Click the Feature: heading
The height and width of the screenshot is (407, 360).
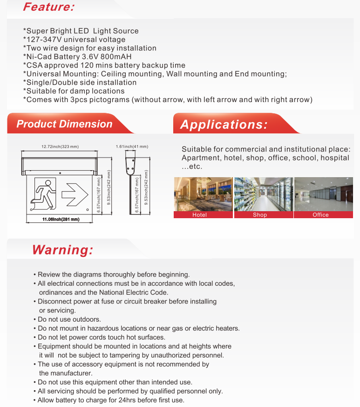tap(48, 7)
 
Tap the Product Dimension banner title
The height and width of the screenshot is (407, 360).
tap(64, 124)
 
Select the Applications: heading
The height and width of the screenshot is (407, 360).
tap(224, 124)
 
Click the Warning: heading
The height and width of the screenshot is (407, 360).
tap(62, 250)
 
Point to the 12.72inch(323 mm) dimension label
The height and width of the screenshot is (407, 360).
tap(60, 147)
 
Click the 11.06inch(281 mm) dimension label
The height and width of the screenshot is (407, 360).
tap(61, 219)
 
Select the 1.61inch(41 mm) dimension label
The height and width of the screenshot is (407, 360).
tap(132, 147)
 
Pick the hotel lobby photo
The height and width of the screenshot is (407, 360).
tap(203, 194)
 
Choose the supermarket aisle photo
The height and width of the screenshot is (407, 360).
tap(263, 194)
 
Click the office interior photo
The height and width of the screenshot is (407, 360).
tap(323, 194)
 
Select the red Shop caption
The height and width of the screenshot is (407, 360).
tap(260, 215)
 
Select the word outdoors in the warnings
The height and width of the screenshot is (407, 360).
tap(87, 319)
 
